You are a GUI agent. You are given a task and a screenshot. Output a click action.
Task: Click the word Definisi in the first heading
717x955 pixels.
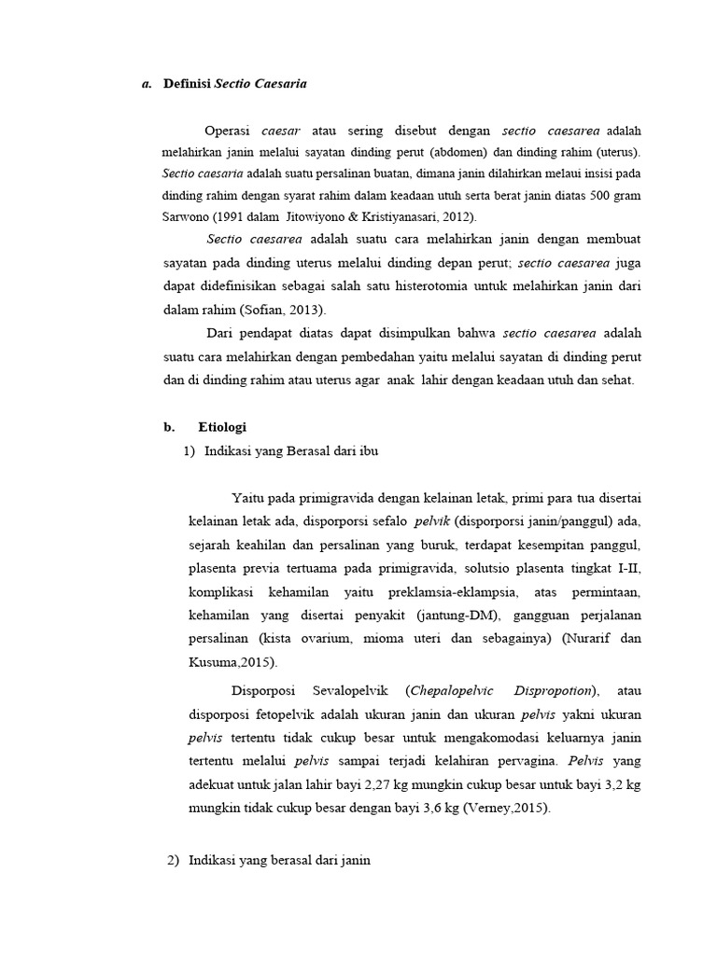(x=188, y=84)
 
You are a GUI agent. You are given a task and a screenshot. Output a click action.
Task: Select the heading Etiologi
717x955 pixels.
(x=222, y=427)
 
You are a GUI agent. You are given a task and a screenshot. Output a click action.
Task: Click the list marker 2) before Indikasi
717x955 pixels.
(x=173, y=861)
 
